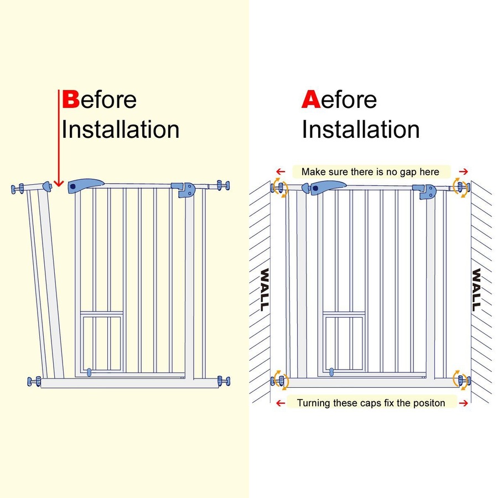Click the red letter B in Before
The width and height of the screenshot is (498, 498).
pos(70,100)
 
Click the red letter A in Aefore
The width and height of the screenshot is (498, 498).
pos(310,100)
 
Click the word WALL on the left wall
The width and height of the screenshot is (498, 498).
pos(264,289)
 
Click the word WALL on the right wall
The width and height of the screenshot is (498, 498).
pos(476,289)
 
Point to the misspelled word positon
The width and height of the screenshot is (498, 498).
pos(427,402)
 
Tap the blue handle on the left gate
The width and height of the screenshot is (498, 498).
pos(85,186)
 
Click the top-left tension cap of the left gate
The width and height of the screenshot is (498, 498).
pos(18,189)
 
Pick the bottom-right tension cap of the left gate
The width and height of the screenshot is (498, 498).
pos(224,381)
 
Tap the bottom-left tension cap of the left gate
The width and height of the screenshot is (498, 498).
pos(34,381)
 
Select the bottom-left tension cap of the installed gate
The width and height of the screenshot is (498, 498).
pos(279,381)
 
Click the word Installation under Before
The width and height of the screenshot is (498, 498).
pos(120,129)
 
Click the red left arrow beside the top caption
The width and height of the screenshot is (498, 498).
pos(281,172)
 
